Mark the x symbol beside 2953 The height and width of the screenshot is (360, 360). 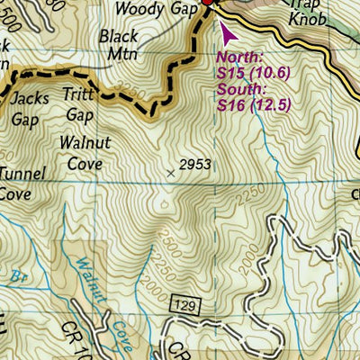(x=172, y=169)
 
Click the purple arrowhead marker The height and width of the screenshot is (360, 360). (x=225, y=32)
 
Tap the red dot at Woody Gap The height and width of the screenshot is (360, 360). (x=206, y=3)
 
